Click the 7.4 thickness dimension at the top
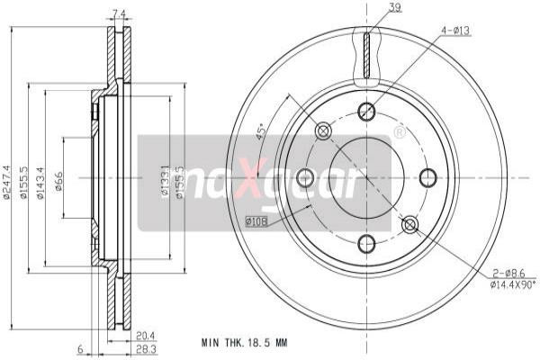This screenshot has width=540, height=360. click(118, 13)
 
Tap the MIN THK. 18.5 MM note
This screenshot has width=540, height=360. click(245, 344)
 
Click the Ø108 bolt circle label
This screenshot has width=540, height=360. click(256, 220)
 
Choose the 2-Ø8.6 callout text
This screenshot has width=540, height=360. click(508, 273)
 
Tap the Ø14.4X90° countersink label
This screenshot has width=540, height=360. click(512, 285)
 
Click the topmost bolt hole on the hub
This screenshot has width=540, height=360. click(366, 112)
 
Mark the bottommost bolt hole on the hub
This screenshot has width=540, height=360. click(366, 243)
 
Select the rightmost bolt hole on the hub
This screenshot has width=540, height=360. click(428, 178)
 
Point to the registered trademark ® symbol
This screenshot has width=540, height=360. click(399, 133)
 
